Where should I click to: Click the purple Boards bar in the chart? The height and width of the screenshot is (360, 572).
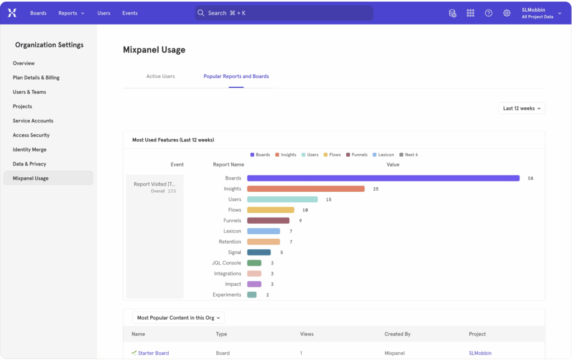[383, 178]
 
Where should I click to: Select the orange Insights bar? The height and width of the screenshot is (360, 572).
[306, 189]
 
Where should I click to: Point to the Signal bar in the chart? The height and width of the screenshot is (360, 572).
[259, 253]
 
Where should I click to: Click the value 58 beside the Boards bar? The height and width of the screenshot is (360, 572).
[530, 178]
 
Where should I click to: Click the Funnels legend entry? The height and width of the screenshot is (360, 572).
[357, 155]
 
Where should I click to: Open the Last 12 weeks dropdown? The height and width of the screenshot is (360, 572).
[522, 108]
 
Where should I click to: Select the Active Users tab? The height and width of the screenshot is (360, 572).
[160, 77]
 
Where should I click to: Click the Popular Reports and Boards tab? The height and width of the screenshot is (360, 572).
[236, 77]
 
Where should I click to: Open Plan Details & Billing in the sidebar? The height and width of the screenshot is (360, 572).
[36, 78]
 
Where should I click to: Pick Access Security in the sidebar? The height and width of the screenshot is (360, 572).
[31, 135]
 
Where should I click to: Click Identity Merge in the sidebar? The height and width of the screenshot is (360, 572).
[30, 150]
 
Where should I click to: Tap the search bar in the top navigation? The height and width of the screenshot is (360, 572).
[284, 13]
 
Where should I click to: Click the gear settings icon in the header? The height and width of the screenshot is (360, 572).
[507, 13]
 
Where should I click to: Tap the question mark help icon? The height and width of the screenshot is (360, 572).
[489, 13]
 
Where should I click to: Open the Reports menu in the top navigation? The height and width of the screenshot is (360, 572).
[71, 13]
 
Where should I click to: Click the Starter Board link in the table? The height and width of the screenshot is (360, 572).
[153, 353]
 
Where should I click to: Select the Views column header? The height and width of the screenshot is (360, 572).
[307, 334]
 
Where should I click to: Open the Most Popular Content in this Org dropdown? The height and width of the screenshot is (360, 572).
[178, 318]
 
